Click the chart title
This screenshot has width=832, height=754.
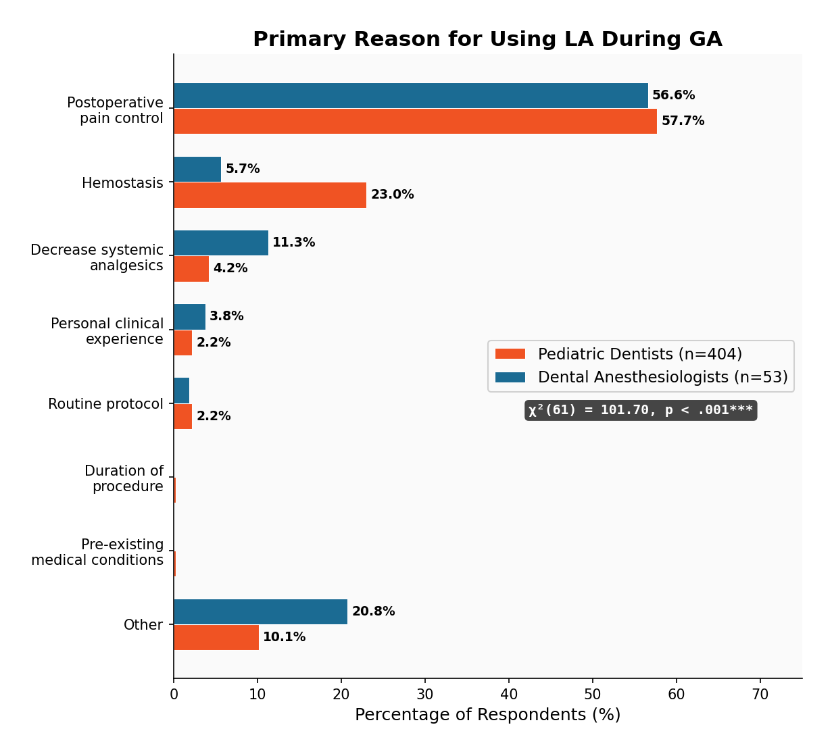pyautogui.click(x=487, y=40)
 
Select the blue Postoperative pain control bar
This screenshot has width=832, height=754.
pyautogui.click(x=410, y=96)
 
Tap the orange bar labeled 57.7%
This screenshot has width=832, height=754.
pyautogui.click(x=415, y=122)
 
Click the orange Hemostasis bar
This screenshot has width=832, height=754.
pyautogui.click(x=270, y=195)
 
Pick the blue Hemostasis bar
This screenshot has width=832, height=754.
pyautogui.click(x=197, y=170)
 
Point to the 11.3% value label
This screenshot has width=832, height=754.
pyautogui.click(x=293, y=243)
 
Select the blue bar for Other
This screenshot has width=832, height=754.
pyautogui.click(x=260, y=611)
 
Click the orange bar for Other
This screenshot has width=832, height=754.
pyautogui.click(x=216, y=637)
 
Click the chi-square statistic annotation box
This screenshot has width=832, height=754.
pyautogui.click(x=640, y=410)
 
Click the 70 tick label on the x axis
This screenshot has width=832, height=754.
pyautogui.click(x=760, y=694)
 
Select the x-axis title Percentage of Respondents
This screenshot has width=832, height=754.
pyautogui.click(x=487, y=715)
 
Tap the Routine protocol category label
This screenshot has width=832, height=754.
pyautogui.click(x=105, y=404)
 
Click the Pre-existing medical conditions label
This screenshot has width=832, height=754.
pyautogui.click(x=97, y=553)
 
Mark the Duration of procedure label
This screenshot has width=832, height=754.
pyautogui.click(x=124, y=478)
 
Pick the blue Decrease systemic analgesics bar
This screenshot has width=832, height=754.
pyautogui.click(x=221, y=243)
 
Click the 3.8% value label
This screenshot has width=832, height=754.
pyautogui.click(x=226, y=316)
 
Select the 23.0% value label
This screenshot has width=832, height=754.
pyautogui.click(x=392, y=195)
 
